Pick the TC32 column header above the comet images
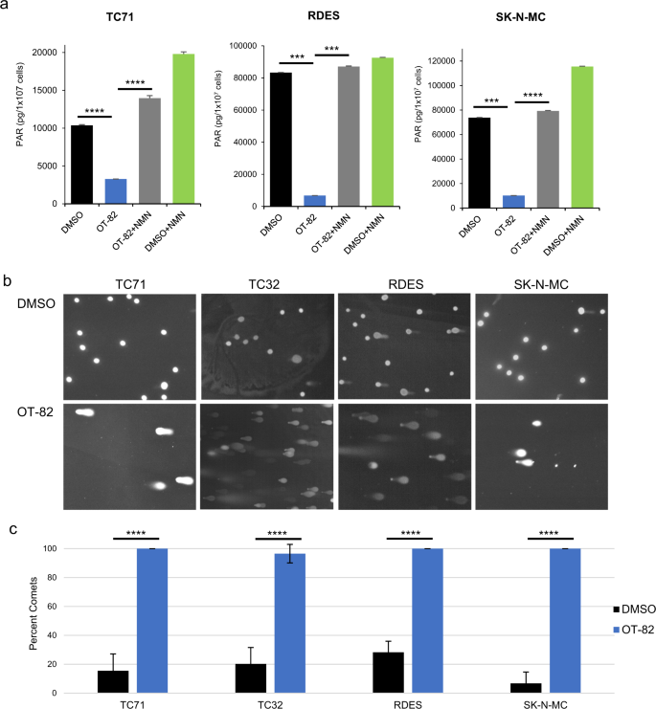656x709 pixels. coord(267,282)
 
